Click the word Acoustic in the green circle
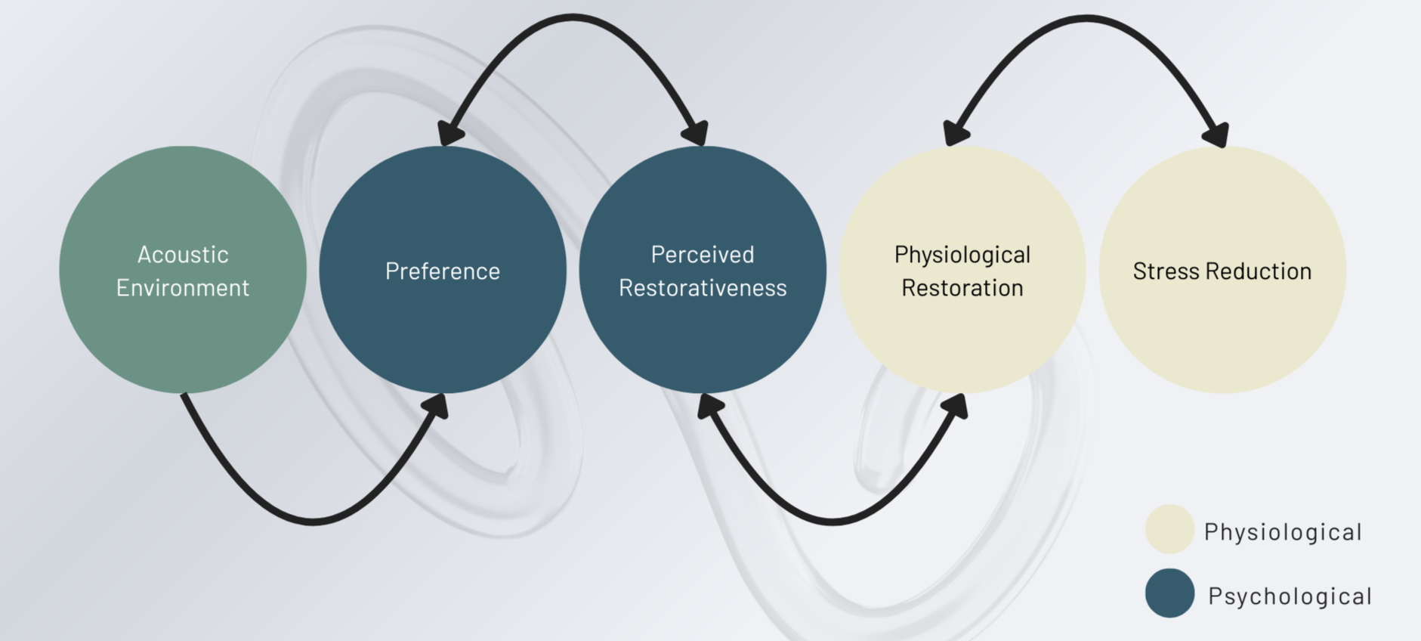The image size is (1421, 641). tap(183, 255)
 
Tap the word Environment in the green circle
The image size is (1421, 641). tap(183, 288)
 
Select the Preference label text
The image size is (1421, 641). tap(443, 271)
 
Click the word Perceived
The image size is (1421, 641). tap(703, 255)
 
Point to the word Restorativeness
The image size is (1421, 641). tap(703, 288)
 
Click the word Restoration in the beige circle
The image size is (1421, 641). tap(962, 288)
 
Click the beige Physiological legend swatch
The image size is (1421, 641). tap(1169, 529)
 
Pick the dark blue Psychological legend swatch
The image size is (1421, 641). tap(1169, 593)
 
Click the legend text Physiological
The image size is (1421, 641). tap(1283, 533)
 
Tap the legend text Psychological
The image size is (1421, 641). tap(1290, 596)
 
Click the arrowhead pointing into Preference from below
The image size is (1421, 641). tap(436, 406)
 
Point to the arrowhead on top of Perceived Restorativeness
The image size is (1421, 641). tap(695, 132)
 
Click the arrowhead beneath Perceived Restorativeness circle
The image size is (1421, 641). tap(709, 406)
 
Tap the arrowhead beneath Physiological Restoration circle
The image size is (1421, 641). tap(956, 406)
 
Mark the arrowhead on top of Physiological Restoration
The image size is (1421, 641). tap(956, 132)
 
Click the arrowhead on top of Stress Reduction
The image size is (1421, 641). tap(1216, 134)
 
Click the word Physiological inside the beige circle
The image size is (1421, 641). tap(962, 255)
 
